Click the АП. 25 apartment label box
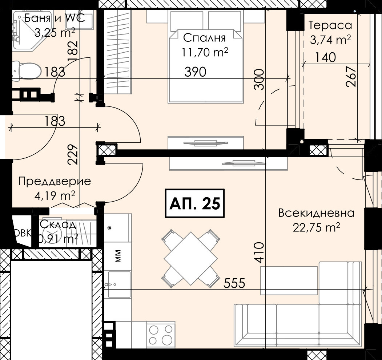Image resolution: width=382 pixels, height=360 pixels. click(195, 203)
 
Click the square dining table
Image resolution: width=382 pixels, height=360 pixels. click(190, 259)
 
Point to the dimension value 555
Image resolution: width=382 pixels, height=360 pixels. click(234, 283)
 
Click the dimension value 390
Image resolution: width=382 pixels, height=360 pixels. click(196, 72)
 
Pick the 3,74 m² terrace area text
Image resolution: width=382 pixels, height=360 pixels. click(330, 39)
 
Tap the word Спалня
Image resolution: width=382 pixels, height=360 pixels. click(204, 38)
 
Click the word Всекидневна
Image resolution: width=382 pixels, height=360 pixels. click(317, 213)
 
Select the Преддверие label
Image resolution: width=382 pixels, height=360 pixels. click(55, 182)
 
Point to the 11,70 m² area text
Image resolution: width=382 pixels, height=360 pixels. click(205, 52)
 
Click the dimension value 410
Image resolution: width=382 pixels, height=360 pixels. click(259, 252)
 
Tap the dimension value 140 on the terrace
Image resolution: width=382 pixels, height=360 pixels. click(325, 57)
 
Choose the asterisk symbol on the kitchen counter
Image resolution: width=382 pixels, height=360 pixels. click(110, 228)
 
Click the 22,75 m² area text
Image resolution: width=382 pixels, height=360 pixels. click(317, 228)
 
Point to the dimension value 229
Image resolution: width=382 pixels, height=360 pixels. click(73, 155)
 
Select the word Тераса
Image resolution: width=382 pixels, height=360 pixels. click(330, 25)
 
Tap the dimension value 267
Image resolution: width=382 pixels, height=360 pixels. click(351, 77)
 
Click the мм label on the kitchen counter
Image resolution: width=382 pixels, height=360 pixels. click(118, 256)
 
